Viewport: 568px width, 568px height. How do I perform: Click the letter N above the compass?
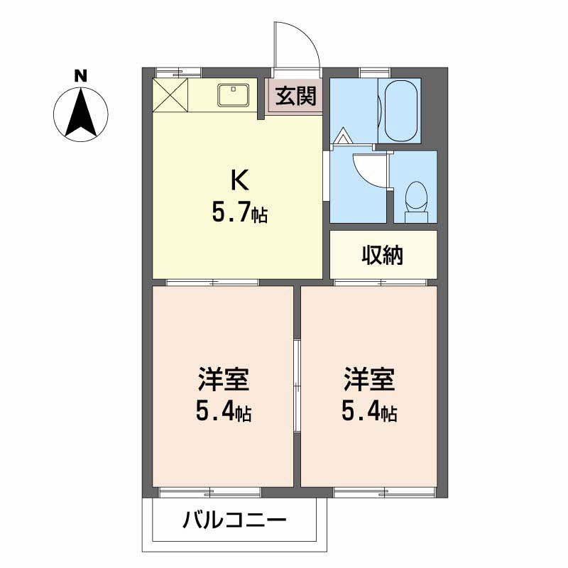tap(81, 75)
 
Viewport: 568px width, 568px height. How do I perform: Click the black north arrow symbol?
tap(81, 111)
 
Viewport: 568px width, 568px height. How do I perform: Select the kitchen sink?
tap(232, 94)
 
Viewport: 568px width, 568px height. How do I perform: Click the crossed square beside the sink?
tap(171, 94)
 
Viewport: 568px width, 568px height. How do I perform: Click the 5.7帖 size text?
tap(239, 214)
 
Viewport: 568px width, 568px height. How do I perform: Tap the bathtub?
tap(399, 110)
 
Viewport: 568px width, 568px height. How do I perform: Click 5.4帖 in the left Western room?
tap(222, 412)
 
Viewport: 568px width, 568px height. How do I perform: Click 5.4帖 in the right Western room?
tap(368, 412)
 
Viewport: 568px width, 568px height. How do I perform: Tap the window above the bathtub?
tap(369, 71)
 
